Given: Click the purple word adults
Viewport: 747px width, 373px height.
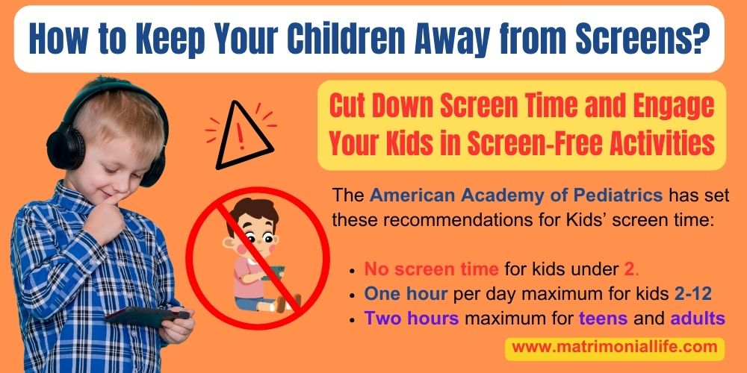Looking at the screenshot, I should (x=698, y=318).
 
